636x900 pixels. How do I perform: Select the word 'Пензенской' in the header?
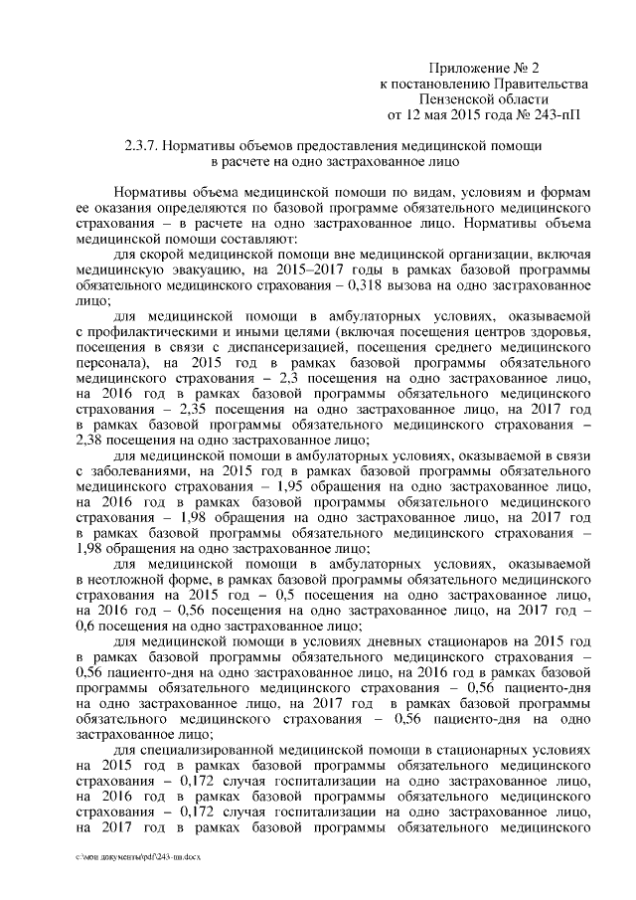pyautogui.click(x=470, y=99)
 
